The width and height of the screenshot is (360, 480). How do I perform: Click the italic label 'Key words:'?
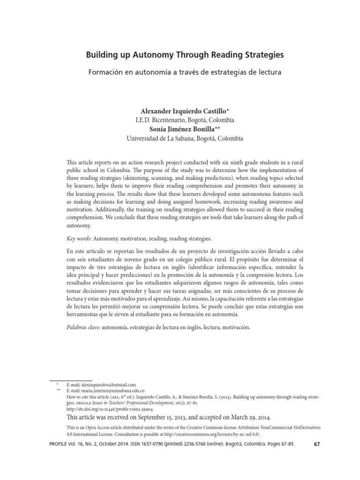[x=79, y=239]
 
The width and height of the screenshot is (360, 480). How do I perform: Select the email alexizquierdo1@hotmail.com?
[x=105, y=384]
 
